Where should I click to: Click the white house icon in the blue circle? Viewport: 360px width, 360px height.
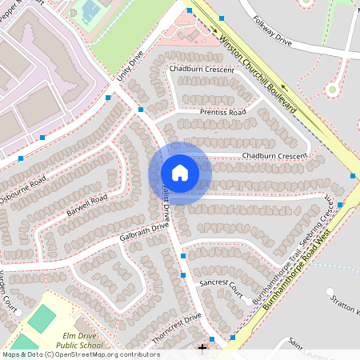(180, 173)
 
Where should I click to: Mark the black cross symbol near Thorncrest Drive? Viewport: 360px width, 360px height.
(202, 346)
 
